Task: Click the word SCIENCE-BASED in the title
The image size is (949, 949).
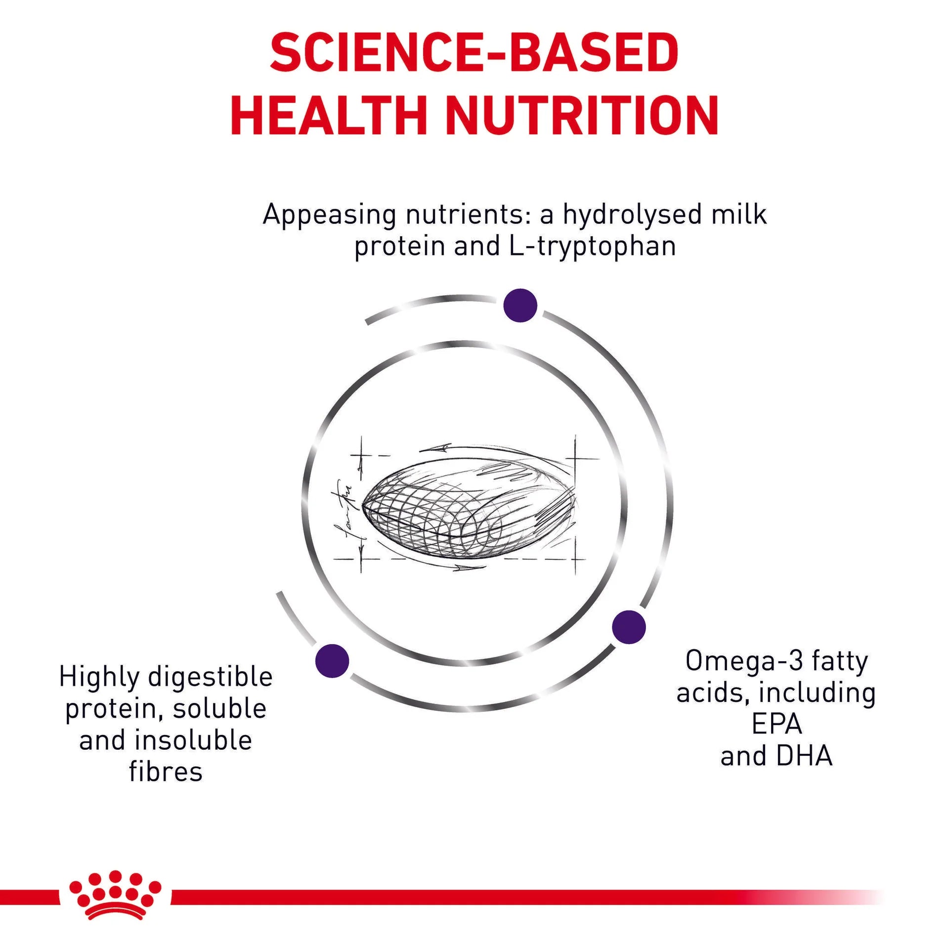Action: tap(474, 53)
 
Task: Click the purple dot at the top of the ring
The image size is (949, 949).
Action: tap(520, 305)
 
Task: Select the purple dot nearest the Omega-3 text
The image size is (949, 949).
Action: tap(629, 627)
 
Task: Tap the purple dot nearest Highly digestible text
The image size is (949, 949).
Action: tap(332, 660)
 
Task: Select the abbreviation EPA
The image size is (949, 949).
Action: tap(777, 724)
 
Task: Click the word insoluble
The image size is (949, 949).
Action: tap(194, 740)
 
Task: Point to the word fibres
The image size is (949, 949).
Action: tap(166, 772)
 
